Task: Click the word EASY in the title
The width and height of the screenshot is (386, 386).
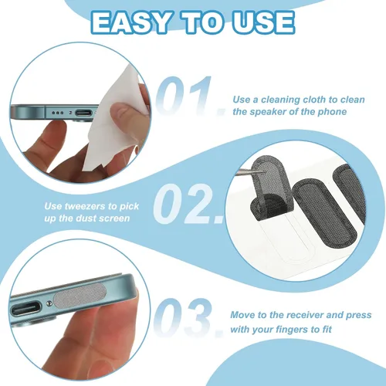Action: [130, 23]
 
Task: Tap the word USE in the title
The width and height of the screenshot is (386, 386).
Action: [263, 23]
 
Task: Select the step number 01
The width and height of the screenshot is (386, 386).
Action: [189, 96]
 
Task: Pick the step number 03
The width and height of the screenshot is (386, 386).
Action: [188, 317]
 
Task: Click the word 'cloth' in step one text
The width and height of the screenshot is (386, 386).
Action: [318, 100]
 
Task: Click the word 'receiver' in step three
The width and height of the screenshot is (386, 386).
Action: [304, 315]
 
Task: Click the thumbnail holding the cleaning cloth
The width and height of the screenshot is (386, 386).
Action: [122, 111]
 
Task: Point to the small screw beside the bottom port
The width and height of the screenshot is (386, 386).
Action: [48, 304]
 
